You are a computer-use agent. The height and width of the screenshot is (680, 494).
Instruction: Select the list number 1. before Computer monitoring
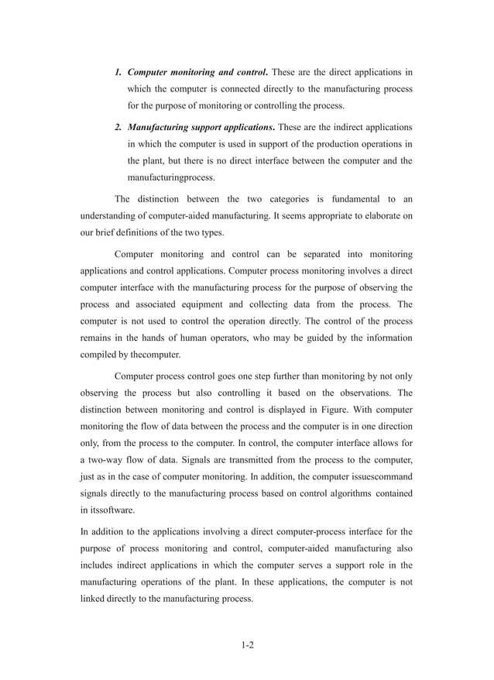[118, 72]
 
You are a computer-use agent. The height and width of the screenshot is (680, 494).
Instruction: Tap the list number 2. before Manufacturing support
[118, 127]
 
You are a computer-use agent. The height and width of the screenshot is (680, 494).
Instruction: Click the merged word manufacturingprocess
[171, 177]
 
